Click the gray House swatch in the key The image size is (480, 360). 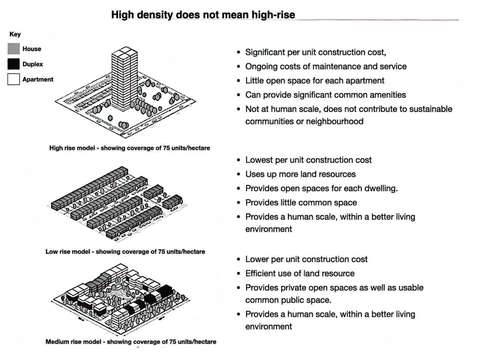coord(14,49)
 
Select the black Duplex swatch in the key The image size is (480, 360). coord(14,64)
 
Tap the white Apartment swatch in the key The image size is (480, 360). coord(14,79)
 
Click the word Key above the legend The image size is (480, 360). coord(15,34)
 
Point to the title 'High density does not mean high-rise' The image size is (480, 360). coord(203,15)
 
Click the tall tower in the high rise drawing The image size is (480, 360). coord(125,79)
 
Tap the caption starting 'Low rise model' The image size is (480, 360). coord(125,252)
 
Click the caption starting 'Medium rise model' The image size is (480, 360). coord(131,342)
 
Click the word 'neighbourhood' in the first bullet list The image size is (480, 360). coord(335,121)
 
